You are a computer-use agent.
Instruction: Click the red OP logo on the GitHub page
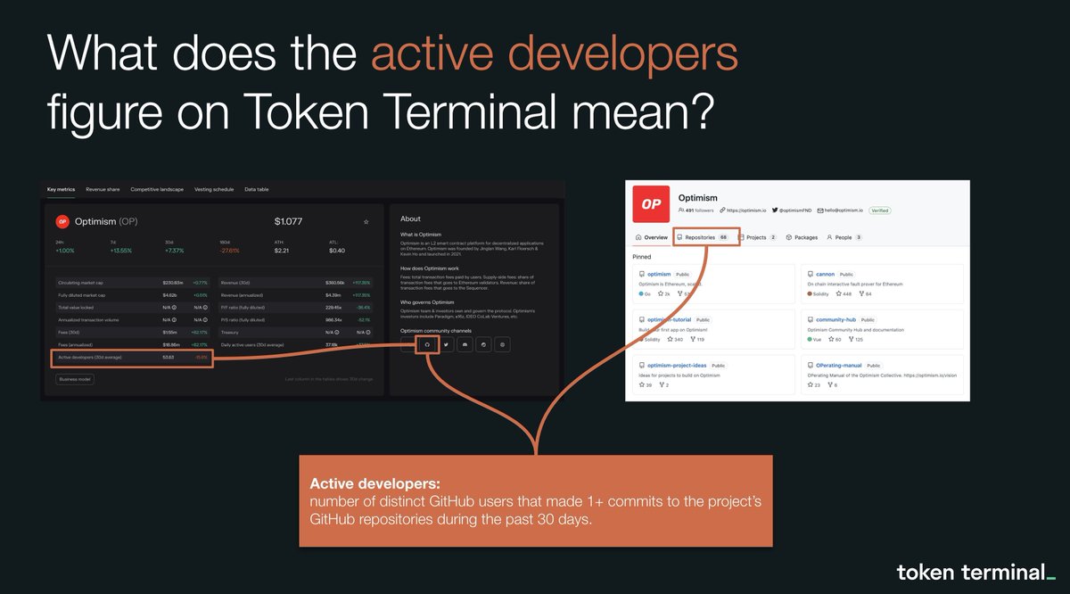651,204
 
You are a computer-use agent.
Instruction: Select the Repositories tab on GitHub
706,238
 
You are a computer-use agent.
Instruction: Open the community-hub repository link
836,319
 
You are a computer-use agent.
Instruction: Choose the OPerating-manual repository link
839,365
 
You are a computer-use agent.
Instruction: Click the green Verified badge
879,210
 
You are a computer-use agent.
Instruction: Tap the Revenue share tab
103,190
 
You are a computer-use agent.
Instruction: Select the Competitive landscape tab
157,190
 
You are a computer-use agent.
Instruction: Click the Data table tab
257,190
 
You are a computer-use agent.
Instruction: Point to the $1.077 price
289,221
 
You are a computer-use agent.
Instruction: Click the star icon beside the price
366,221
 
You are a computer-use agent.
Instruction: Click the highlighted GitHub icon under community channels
427,344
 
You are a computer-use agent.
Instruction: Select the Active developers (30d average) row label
89,358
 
